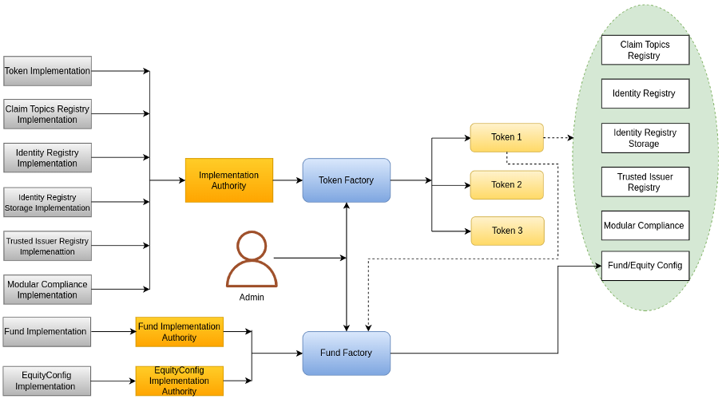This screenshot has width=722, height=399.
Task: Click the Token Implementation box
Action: point(48,71)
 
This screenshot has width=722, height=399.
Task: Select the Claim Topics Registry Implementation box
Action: point(48,114)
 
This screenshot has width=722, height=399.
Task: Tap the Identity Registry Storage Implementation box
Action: point(48,202)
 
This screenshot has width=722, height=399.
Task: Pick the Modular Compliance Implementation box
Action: point(48,290)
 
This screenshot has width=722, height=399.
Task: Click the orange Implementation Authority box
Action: point(229,180)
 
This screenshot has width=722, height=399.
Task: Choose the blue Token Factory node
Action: point(346,180)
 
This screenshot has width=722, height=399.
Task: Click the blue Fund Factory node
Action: point(346,353)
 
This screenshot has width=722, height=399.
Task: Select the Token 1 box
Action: point(506,137)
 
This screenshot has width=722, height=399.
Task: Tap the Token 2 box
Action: point(506,184)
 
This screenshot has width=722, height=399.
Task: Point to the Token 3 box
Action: point(506,231)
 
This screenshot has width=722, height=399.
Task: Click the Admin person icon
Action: point(252,259)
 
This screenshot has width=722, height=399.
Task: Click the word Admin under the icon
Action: point(252,297)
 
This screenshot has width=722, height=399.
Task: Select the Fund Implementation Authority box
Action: point(180,332)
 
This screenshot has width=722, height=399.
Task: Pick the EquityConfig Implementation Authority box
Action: point(180,381)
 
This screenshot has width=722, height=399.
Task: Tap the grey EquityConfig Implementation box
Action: point(46,381)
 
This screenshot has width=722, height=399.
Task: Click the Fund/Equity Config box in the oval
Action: point(645,266)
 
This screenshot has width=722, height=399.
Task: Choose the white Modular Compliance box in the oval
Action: point(645,226)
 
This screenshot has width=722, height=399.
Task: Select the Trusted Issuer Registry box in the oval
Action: point(645,182)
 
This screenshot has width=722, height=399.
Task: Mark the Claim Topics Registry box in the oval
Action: point(645,50)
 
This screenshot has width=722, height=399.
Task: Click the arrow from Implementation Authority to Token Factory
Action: point(288,180)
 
